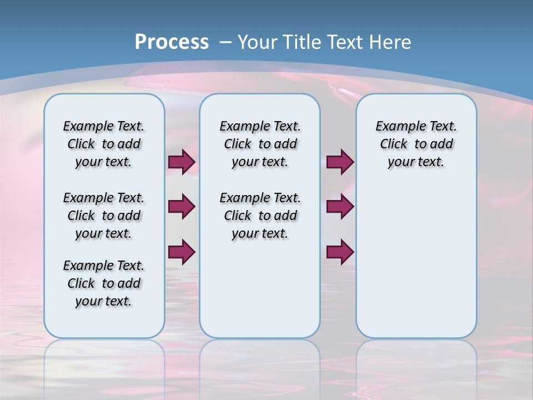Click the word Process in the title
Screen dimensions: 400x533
tap(172, 42)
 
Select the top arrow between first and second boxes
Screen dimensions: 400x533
tap(182, 162)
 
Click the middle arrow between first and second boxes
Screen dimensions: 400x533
tap(182, 207)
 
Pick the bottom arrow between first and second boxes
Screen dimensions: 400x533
tap(182, 252)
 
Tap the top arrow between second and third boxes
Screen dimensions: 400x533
tap(340, 162)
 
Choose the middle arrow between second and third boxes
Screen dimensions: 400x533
tap(340, 207)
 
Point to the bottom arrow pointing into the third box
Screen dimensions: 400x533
tap(340, 252)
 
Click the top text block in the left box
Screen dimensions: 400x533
tap(104, 144)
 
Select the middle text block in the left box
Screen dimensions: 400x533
tap(104, 216)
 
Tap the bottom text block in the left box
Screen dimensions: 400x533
tap(104, 283)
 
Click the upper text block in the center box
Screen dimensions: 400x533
tap(260, 144)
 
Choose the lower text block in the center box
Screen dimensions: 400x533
tap(260, 216)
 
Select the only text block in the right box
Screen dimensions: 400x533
tap(416, 144)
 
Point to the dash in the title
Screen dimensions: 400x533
tap(225, 42)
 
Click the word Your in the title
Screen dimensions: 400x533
tap(258, 42)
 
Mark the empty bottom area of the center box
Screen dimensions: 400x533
tap(260, 294)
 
